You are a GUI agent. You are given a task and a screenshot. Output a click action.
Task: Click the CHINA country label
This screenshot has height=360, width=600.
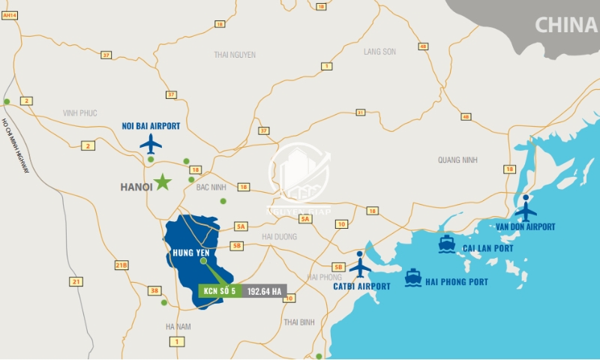pyautogui.click(x=565, y=25)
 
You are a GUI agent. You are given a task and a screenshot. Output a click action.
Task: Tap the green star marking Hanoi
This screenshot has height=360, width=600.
pyautogui.click(x=163, y=181)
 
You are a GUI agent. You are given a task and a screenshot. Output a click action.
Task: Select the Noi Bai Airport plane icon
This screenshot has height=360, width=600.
pyautogui.click(x=151, y=142)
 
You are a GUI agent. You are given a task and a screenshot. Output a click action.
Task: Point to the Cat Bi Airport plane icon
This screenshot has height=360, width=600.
pyautogui.click(x=360, y=267)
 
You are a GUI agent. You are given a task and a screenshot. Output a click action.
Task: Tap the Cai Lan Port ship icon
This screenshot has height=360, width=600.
pyautogui.click(x=447, y=244)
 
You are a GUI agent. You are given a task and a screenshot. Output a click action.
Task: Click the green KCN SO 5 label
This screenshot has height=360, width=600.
pyautogui.click(x=220, y=291)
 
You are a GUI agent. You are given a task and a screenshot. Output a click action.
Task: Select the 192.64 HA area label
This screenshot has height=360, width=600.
pyautogui.click(x=264, y=291)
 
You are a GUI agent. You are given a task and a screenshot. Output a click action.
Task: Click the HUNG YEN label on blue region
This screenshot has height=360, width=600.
pyautogui.click(x=190, y=253)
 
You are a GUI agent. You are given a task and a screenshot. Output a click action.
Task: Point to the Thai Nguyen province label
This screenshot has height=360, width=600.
pyautogui.click(x=235, y=55)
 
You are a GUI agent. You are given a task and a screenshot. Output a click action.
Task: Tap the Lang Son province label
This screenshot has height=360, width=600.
pyautogui.click(x=379, y=52)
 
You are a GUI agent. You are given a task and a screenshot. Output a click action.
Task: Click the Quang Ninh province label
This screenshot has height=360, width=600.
pyautogui.click(x=457, y=159)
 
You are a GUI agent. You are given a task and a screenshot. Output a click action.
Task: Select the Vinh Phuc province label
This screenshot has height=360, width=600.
pyautogui.click(x=80, y=113)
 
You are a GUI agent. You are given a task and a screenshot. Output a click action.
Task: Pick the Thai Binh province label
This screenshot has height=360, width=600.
pyautogui.click(x=298, y=322)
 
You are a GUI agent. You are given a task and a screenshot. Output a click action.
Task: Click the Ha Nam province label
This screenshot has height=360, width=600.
pyautogui.click(x=177, y=326)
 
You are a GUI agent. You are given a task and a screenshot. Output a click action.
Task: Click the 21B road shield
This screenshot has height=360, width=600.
pyautogui.click(x=121, y=265)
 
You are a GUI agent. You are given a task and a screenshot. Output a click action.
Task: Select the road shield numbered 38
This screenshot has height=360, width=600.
pyautogui.click(x=154, y=290)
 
